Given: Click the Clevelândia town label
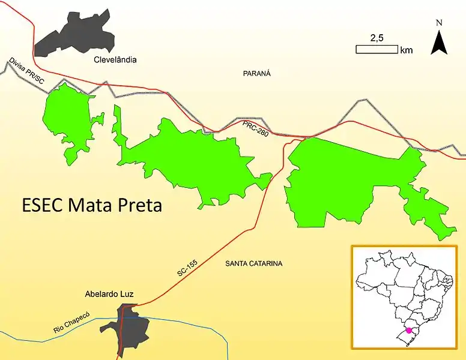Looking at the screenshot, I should click(115, 59).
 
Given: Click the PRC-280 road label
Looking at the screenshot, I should click(256, 127).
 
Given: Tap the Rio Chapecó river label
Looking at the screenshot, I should click(71, 323).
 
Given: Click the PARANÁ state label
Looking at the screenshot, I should click(257, 73).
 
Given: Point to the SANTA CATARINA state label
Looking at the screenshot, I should click(254, 263).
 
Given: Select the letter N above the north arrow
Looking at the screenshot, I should click(439, 23).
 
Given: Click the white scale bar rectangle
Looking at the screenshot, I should click(377, 50).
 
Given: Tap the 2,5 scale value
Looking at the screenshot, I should click(377, 38).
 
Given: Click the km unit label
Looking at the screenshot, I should click(406, 50).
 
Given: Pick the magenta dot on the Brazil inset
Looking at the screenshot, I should click(409, 329).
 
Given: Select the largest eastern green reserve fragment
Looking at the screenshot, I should click(342, 180).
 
